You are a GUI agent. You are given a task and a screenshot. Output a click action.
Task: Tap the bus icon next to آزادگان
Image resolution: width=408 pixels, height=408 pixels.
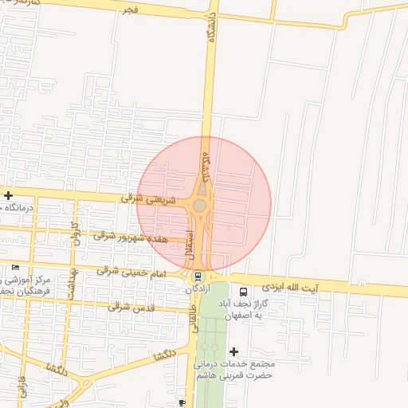(198, 277)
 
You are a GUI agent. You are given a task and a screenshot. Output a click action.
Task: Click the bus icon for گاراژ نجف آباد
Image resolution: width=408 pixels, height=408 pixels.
(243, 291)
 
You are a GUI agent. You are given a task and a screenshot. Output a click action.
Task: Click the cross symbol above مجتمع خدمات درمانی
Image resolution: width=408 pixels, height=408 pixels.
(233, 351)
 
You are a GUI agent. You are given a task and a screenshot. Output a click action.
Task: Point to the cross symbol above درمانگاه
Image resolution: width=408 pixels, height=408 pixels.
(8, 195)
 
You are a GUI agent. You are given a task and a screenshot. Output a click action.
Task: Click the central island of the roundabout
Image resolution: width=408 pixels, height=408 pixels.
(199, 206)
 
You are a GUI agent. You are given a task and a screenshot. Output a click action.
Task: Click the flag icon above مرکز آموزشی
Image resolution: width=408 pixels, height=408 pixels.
(15, 267)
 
